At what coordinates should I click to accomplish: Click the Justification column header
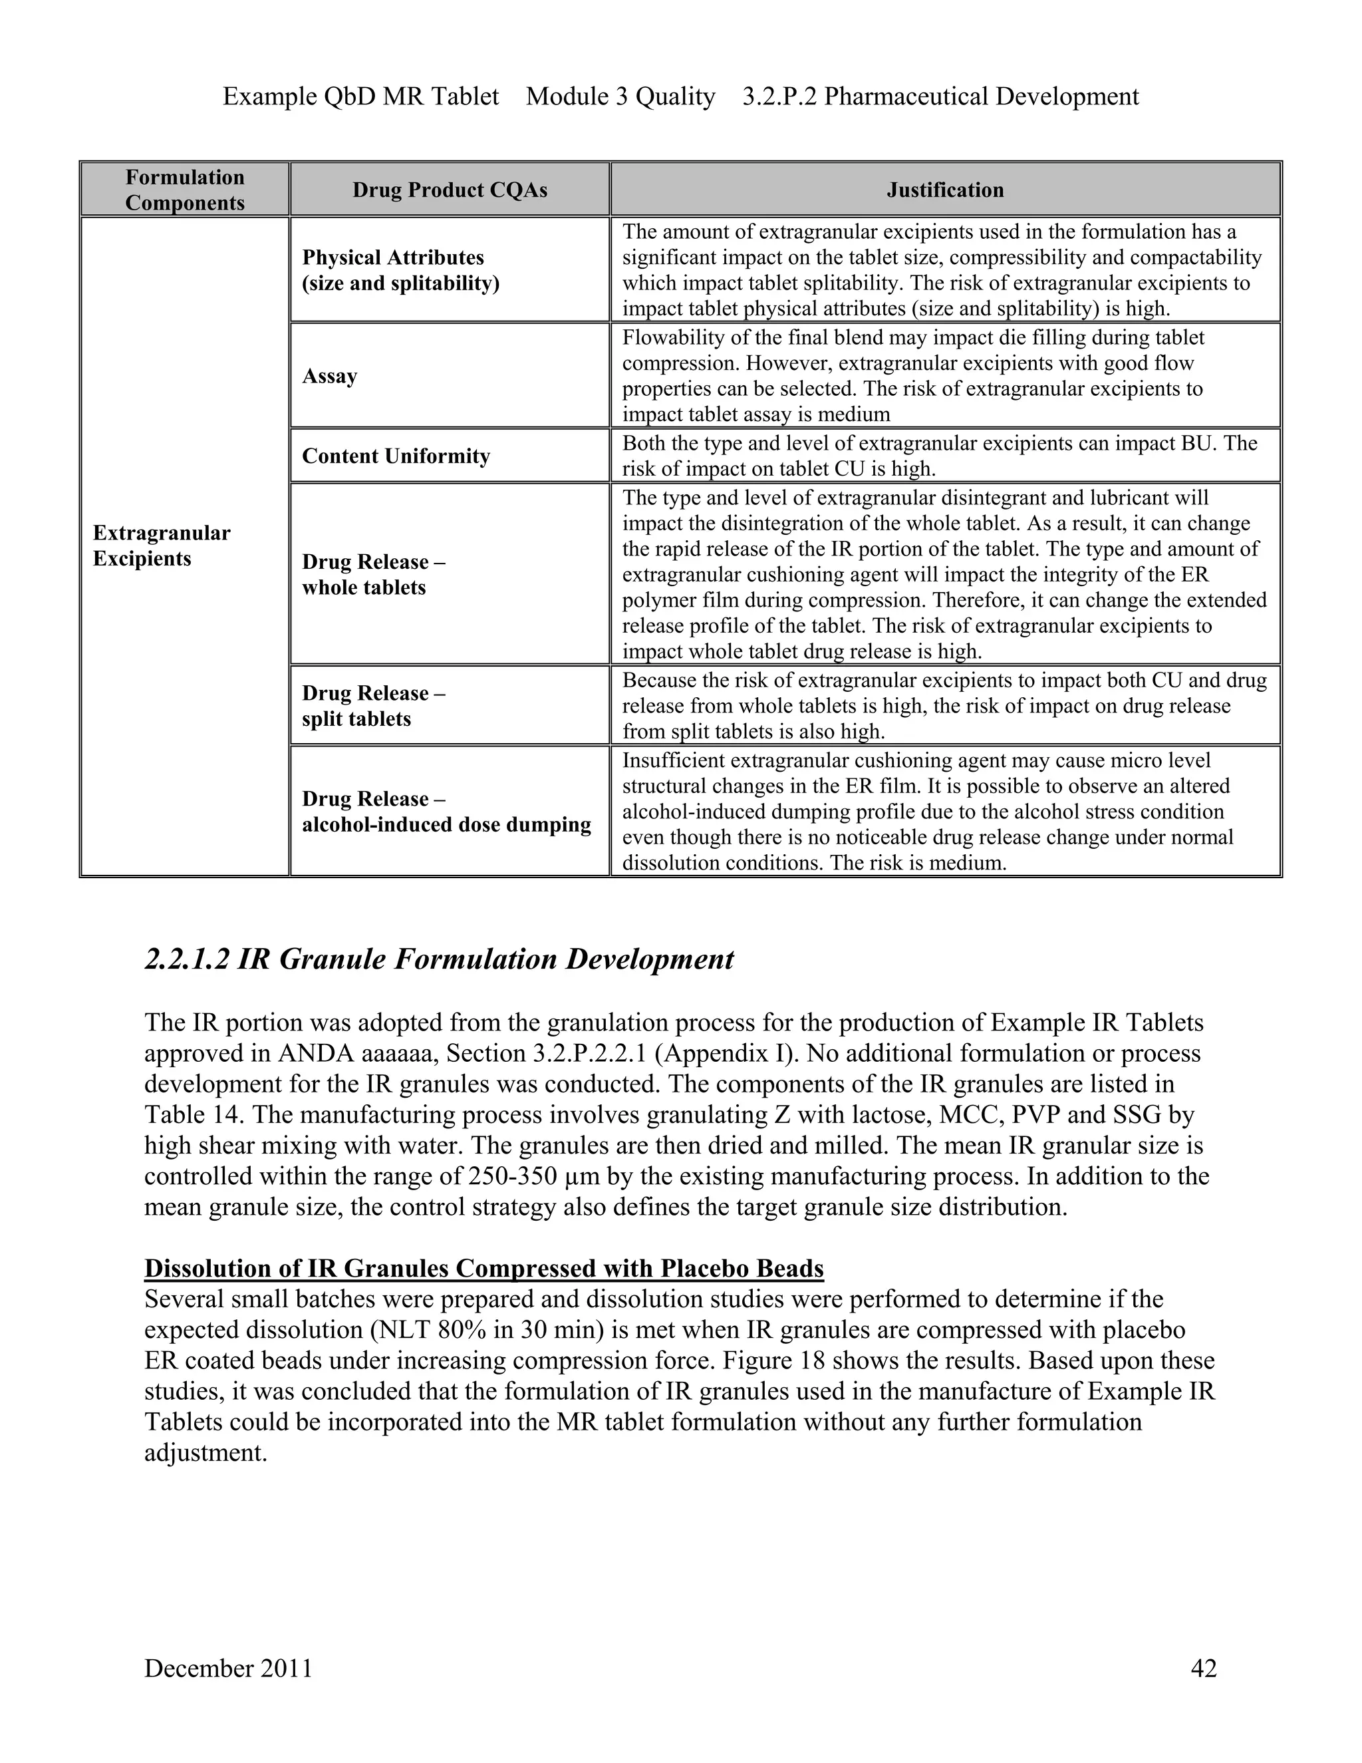945,190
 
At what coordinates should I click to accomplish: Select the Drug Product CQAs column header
450,190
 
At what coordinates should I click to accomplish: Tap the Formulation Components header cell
185,190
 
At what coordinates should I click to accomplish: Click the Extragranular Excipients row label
162,546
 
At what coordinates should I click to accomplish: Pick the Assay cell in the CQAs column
329,376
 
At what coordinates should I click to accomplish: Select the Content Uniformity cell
396,456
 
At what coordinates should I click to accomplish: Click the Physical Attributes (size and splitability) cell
400,270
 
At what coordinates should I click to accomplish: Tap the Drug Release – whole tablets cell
373,575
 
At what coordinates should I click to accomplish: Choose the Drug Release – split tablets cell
373,705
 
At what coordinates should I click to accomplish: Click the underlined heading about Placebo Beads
483,1268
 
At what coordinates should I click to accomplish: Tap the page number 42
1203,1668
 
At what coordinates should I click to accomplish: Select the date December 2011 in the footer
228,1668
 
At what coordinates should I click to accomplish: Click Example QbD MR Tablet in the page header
360,96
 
